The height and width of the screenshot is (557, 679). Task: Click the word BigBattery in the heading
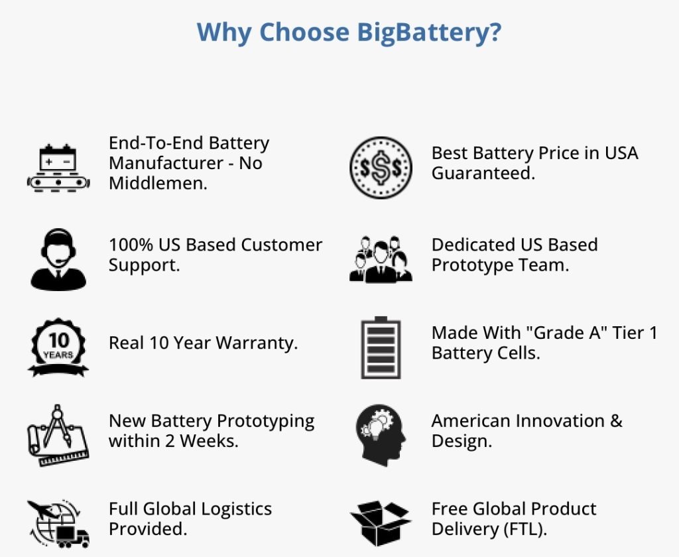pyautogui.click(x=423, y=32)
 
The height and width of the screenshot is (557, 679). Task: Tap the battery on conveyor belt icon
pyautogui.click(x=58, y=168)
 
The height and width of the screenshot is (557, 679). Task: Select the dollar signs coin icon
pyautogui.click(x=381, y=168)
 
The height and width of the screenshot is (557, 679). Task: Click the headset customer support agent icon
pyautogui.click(x=58, y=259)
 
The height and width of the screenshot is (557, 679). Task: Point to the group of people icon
pyautogui.click(x=381, y=259)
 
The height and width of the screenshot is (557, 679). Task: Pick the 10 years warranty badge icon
pyautogui.click(x=58, y=347)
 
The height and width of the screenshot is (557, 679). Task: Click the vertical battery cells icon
pyautogui.click(x=381, y=347)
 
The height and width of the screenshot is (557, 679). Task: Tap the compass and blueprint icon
pyautogui.click(x=58, y=435)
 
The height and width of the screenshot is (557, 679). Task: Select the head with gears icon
pyautogui.click(x=381, y=435)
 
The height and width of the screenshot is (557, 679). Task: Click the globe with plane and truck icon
pyautogui.click(x=58, y=523)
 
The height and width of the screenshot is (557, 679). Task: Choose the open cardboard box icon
pyautogui.click(x=381, y=523)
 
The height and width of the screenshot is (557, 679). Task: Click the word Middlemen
pyautogui.click(x=158, y=183)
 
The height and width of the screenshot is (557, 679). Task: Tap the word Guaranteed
pyautogui.click(x=483, y=173)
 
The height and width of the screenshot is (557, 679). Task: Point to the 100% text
pyautogui.click(x=131, y=245)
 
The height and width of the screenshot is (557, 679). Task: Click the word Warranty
pyautogui.click(x=257, y=343)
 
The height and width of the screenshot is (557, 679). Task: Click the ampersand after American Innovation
pyautogui.click(x=616, y=421)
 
